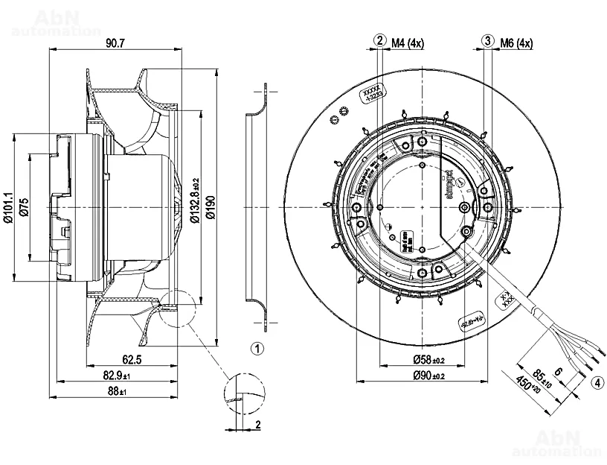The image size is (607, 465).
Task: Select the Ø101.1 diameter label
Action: click(9, 206)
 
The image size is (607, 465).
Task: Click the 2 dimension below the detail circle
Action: click(257, 425)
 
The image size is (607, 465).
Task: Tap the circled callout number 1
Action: click(257, 348)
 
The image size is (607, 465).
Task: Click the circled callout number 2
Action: click(380, 42)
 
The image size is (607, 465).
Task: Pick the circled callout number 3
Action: click(488, 42)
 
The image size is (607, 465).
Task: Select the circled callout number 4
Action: click(597, 384)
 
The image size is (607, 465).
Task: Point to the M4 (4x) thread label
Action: click(408, 43)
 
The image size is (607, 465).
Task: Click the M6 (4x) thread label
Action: click(516, 43)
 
